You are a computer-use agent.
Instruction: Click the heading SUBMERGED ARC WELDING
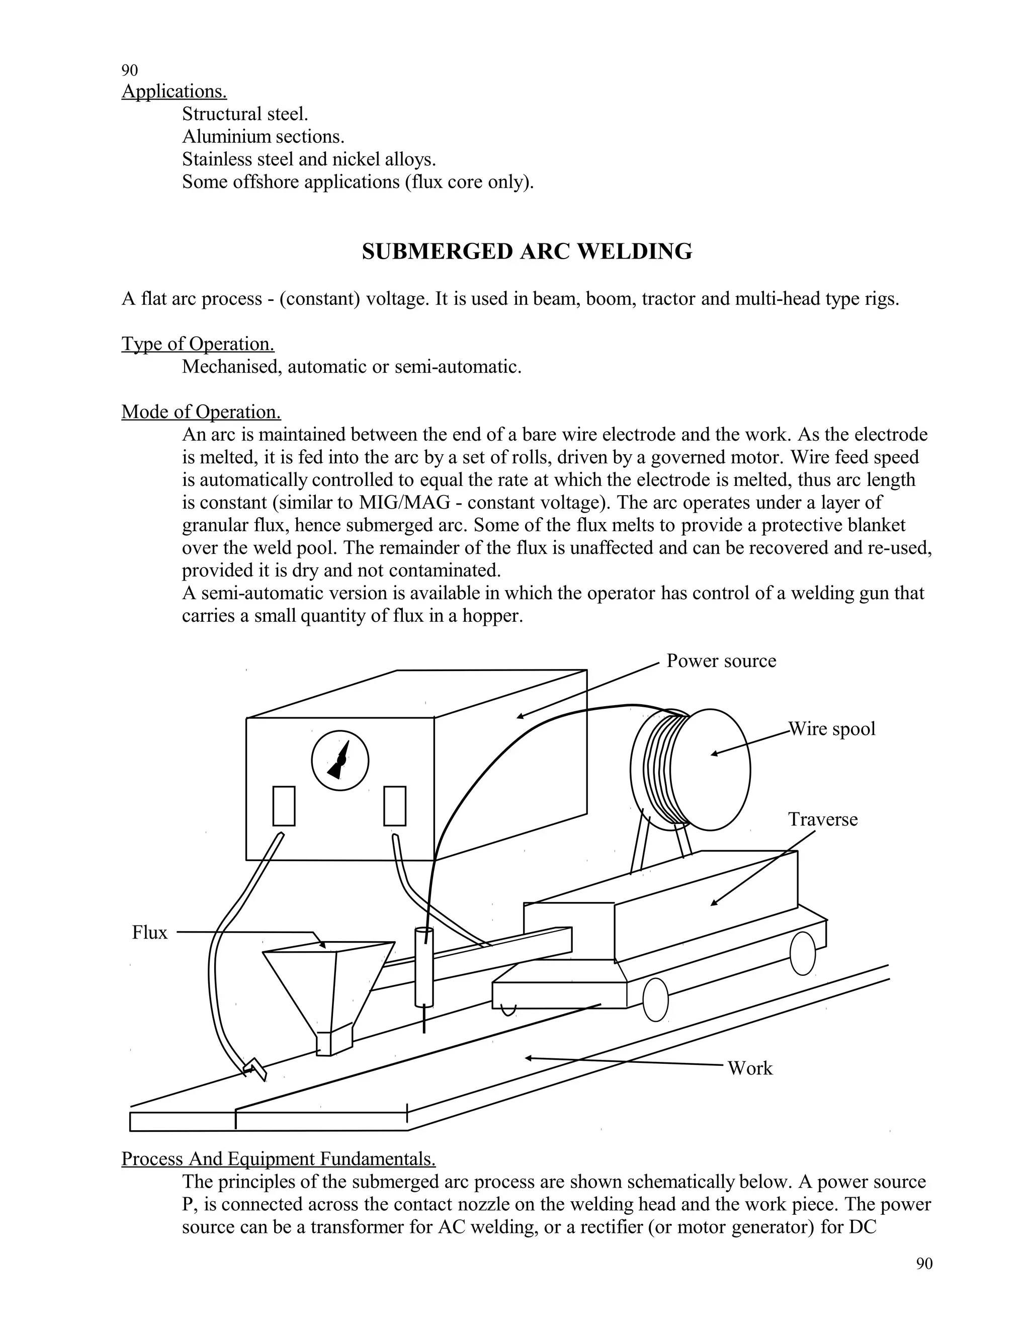pyautogui.click(x=527, y=252)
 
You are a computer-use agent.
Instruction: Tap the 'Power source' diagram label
pyautogui.click(x=721, y=661)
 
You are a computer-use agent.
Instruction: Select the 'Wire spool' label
pyautogui.click(x=832, y=729)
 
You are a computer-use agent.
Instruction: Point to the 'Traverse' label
pyautogui.click(x=822, y=819)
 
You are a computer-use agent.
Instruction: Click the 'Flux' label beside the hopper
pyautogui.click(x=149, y=933)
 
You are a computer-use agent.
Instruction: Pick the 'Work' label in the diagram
pyautogui.click(x=750, y=1068)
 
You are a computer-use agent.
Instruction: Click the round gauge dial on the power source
pyautogui.click(x=340, y=761)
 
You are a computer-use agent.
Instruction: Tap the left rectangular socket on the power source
pyautogui.click(x=284, y=806)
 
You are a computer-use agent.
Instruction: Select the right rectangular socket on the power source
pyautogui.click(x=395, y=806)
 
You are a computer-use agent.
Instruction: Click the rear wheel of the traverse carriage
pyautogui.click(x=802, y=953)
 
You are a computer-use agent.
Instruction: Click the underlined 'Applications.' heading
pyautogui.click(x=174, y=92)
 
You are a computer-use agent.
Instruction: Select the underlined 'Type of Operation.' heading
pyautogui.click(x=198, y=344)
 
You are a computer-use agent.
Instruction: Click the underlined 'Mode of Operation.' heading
pyautogui.click(x=201, y=412)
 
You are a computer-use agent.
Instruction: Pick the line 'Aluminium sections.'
pyautogui.click(x=263, y=137)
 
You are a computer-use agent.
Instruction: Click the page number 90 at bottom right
pyautogui.click(x=924, y=1264)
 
